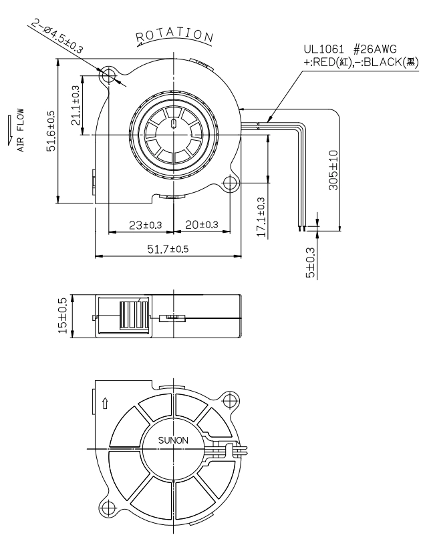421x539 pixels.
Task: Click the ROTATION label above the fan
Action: pos(175,35)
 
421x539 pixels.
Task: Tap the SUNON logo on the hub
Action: pos(173,440)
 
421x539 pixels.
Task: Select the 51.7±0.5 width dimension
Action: pos(168,249)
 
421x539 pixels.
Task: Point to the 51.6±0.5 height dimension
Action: pos(51,131)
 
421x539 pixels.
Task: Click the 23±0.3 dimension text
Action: pos(145,225)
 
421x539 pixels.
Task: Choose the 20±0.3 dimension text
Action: pos(202,225)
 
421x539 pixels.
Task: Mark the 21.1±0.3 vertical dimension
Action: pos(76,105)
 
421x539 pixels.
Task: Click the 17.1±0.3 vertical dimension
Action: pos(261,217)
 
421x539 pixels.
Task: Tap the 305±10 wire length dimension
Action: pos(333,170)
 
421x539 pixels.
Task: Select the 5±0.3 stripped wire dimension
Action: pos(311,263)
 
